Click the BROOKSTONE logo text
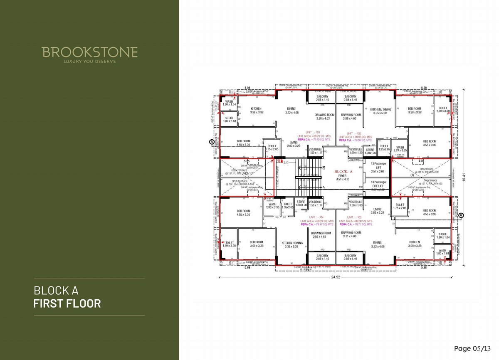click(89, 52)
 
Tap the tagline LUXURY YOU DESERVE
click(89, 62)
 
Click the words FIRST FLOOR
click(67, 303)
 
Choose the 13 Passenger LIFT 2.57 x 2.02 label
click(378, 167)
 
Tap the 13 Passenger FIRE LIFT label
click(378, 185)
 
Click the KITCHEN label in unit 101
click(256, 110)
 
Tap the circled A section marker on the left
click(212, 142)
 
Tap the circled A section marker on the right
click(462, 215)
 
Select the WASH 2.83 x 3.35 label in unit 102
click(400, 149)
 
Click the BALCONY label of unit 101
click(322, 98)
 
